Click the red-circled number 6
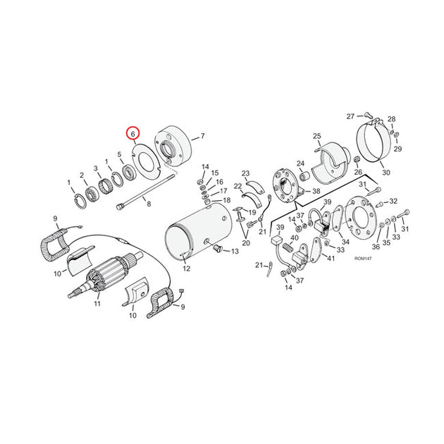pos(132,134)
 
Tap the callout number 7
pos(202,136)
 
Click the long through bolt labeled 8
pos(145,192)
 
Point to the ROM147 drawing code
pos(363,259)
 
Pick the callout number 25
pos(317,136)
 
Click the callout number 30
pos(386,173)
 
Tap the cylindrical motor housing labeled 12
pos(199,232)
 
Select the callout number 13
pos(235,251)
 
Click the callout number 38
pos(316,191)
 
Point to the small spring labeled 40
pos(287,247)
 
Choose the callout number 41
pos(331,258)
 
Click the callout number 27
pos(350,116)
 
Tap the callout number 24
pos(300,164)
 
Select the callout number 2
pos(82,175)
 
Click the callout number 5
pos(119,154)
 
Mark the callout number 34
pos(345,242)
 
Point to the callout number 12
pos(186,268)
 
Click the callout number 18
pos(226,200)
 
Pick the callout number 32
pos(393,201)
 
